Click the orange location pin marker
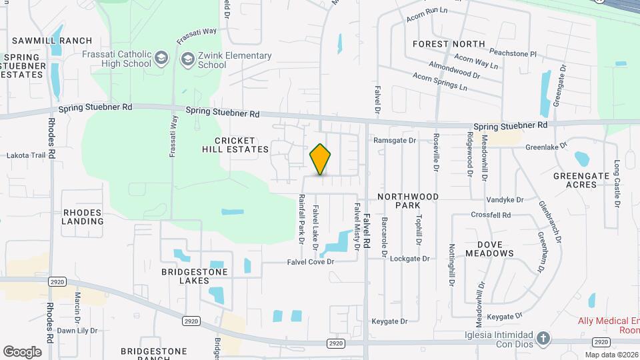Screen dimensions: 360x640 coord(321,159)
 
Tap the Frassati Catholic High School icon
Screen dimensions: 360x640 coord(161,59)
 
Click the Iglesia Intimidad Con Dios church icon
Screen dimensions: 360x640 coord(543,338)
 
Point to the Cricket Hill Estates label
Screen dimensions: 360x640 coord(241,145)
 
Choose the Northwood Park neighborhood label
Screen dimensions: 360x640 coord(408,201)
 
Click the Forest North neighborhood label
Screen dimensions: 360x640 coord(449,44)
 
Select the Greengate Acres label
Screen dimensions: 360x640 coord(581,180)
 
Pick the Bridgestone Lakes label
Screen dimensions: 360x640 coord(195,277)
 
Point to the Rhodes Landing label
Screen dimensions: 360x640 coord(83,217)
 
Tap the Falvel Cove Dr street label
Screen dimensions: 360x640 coord(310,262)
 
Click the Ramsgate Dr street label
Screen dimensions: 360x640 coord(395,141)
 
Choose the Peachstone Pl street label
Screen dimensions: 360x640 coord(513,53)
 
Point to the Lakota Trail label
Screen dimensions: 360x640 coord(25,155)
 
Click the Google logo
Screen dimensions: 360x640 coord(23,351)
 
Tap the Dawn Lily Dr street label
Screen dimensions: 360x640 coord(77,331)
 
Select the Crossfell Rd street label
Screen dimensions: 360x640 coord(491,215)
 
